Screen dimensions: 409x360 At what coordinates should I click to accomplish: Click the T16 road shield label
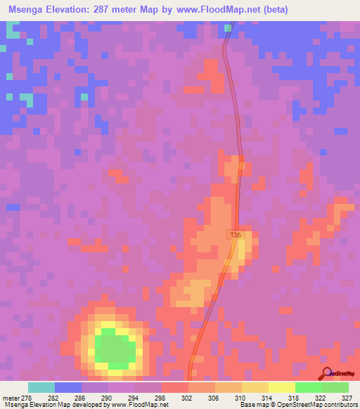click(x=236, y=235)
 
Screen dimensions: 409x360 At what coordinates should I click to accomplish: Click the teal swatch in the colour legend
click(x=41, y=387)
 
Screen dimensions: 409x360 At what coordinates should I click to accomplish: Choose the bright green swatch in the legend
click(x=308, y=387)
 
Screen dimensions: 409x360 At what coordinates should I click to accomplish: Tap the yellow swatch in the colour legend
click(x=281, y=387)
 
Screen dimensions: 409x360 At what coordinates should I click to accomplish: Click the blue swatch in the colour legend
click(x=68, y=387)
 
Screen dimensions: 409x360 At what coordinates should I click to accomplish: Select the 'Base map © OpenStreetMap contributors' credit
click(x=296, y=405)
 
